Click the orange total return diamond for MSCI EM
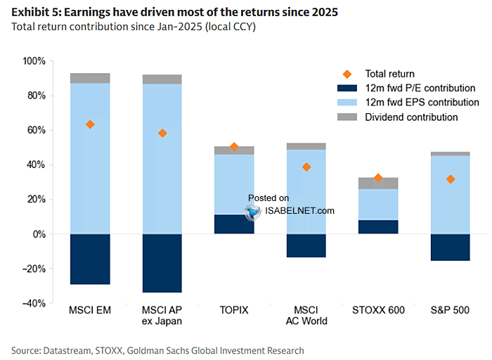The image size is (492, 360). [x=90, y=124]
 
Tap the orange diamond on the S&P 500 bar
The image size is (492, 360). [x=451, y=179]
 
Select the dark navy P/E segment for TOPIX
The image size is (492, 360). [x=234, y=224]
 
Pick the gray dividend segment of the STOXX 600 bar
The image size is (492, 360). [x=378, y=184]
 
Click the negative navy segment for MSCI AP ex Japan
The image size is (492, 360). [x=162, y=263]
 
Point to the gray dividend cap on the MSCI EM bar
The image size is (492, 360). [x=90, y=78]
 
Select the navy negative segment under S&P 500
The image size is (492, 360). [x=451, y=247]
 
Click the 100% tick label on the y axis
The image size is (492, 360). [x=34, y=61]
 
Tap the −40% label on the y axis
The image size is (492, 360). [x=34, y=303]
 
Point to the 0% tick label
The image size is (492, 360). [x=39, y=234]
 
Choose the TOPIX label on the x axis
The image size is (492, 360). [x=234, y=310]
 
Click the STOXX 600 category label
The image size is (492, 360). [x=378, y=310]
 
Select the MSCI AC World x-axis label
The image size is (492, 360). [x=306, y=316]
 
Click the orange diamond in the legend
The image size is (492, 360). [x=347, y=74]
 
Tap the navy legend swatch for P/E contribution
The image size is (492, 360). [x=347, y=88]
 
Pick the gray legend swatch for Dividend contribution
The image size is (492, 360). [x=347, y=117]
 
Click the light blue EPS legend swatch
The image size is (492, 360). [x=347, y=103]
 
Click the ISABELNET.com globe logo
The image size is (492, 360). [x=252, y=212]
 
